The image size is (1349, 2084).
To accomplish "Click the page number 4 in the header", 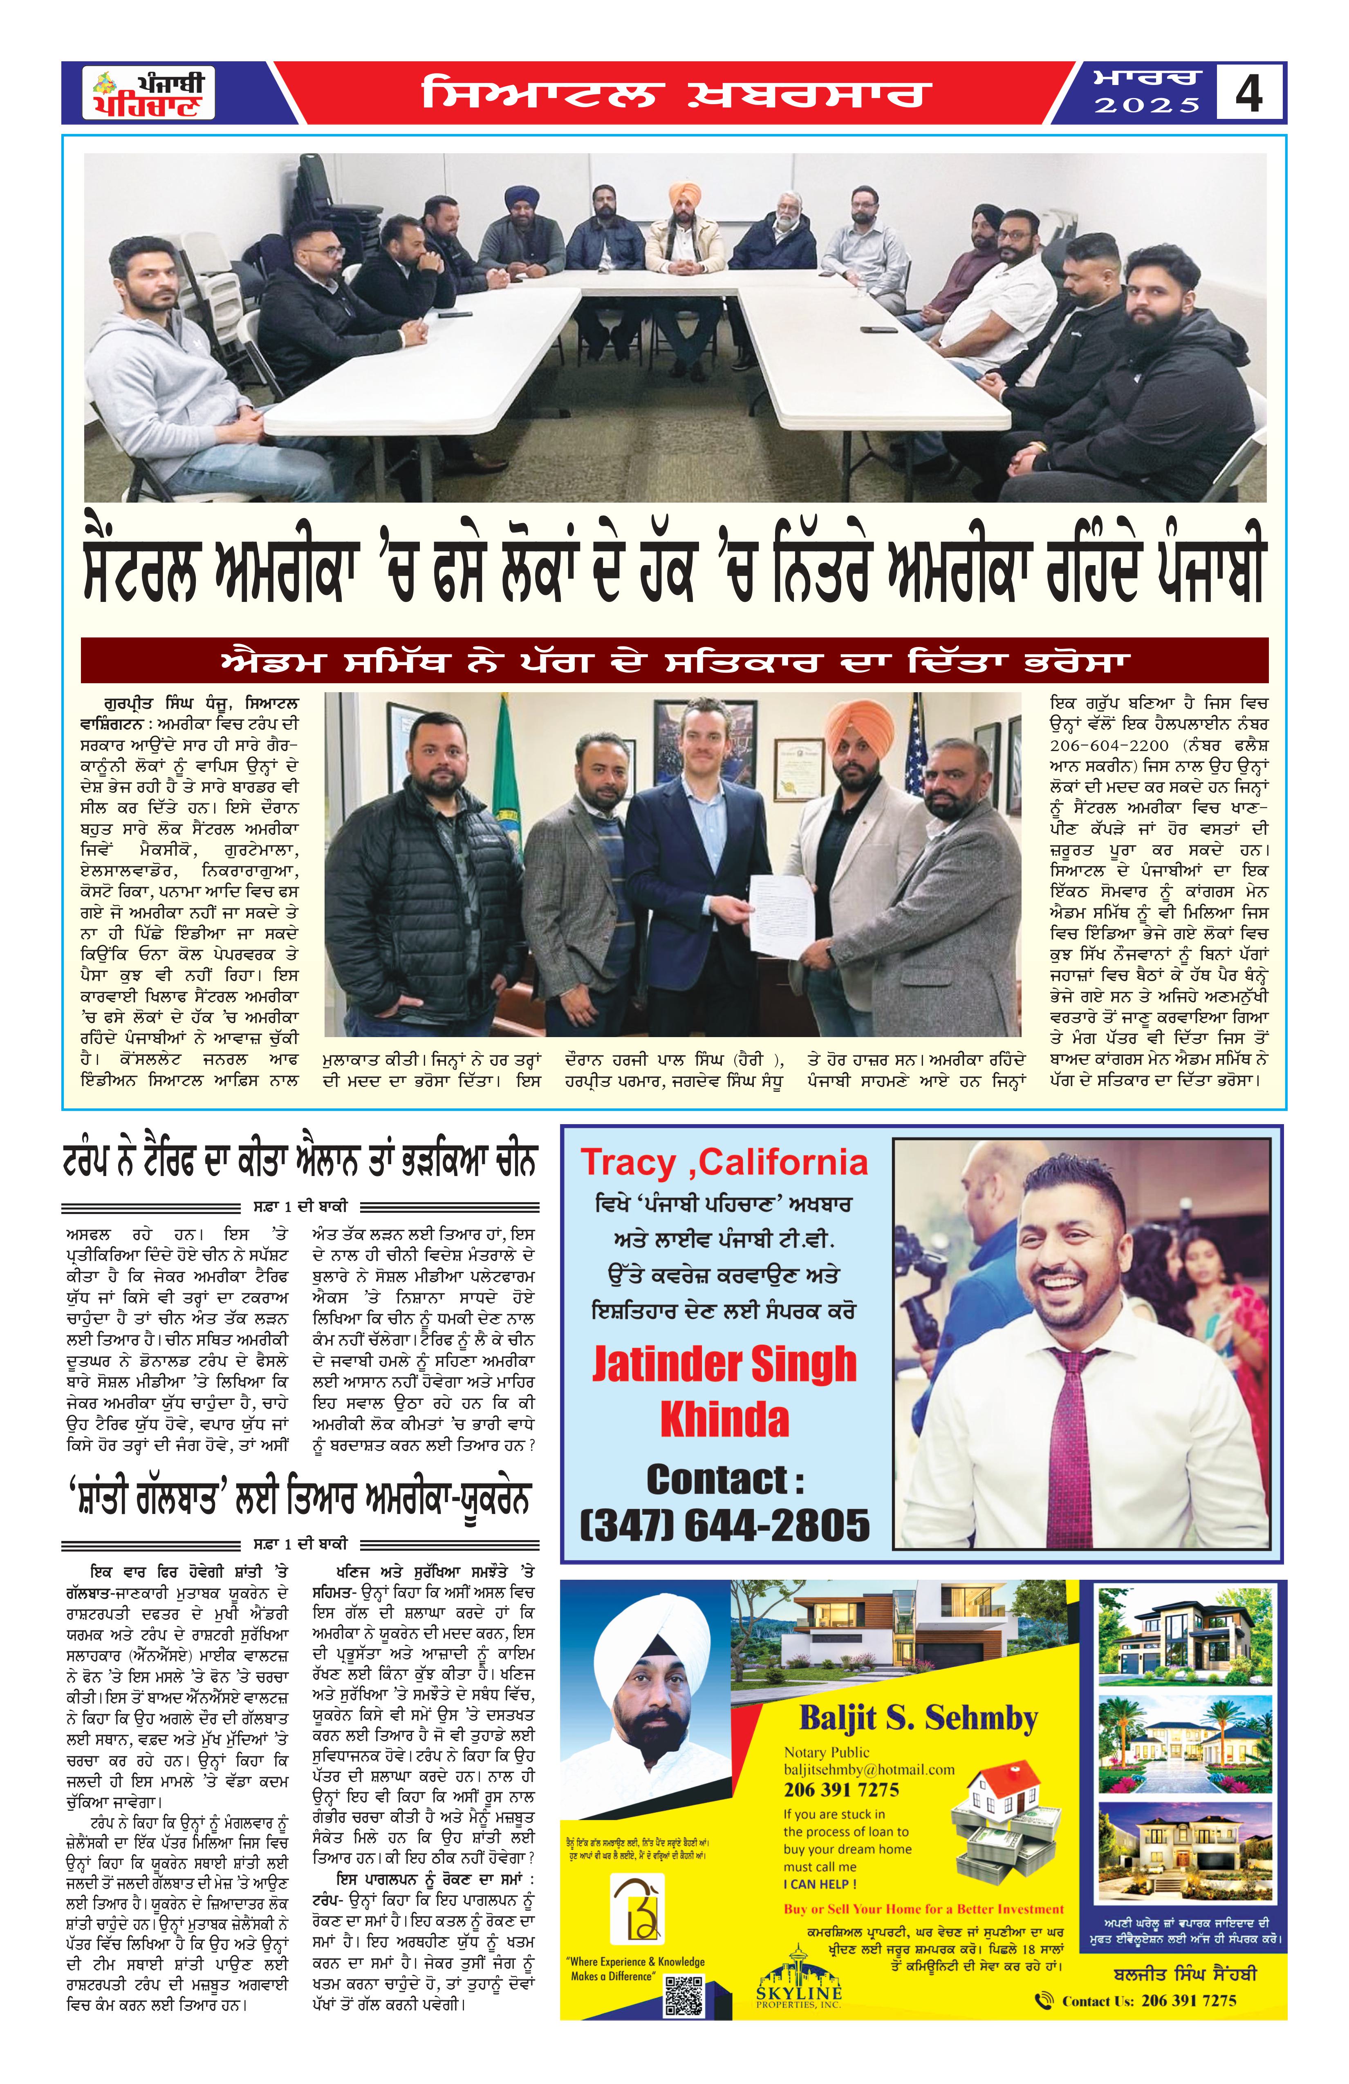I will click(x=1248, y=93).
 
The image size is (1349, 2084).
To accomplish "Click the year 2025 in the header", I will click(x=1147, y=106).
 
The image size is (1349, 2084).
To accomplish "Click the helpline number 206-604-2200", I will click(x=1109, y=745).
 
